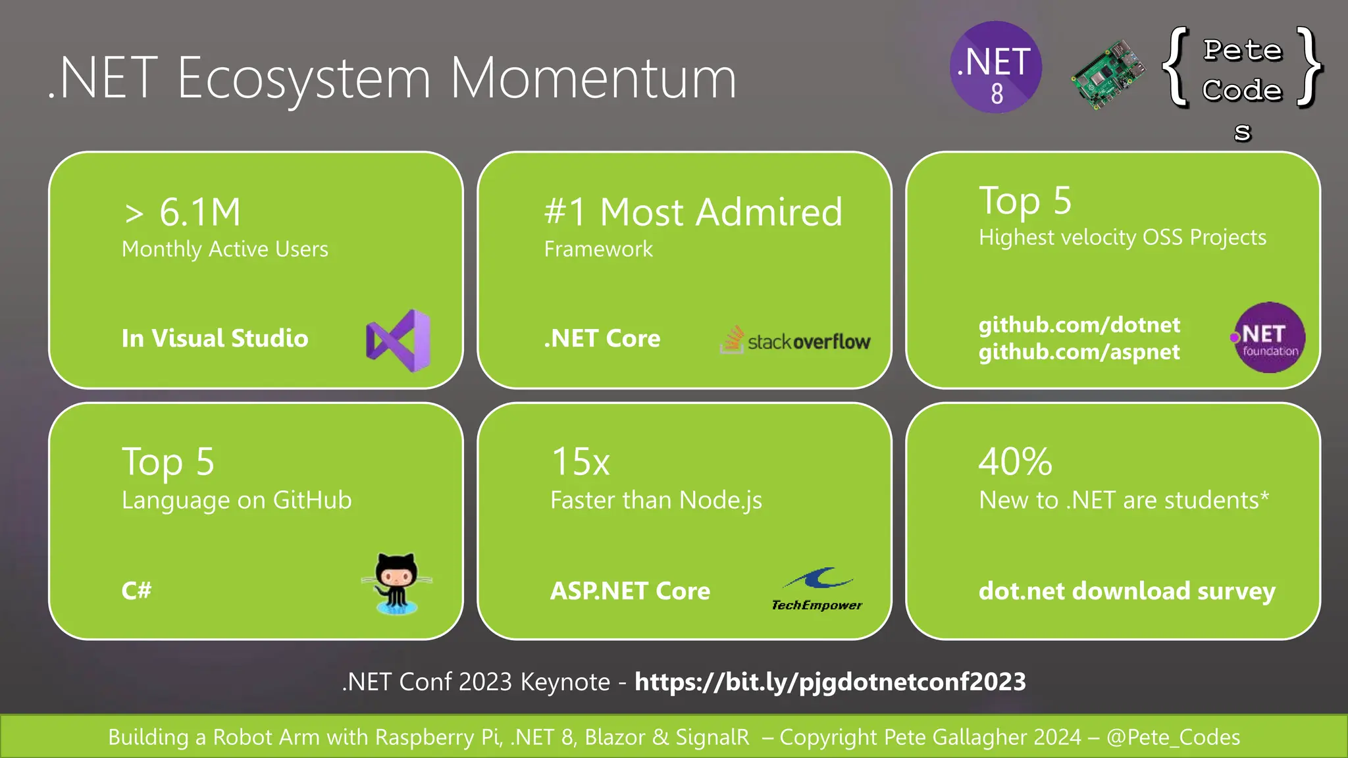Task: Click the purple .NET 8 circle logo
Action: (x=995, y=67)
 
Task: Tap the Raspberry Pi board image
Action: (x=1107, y=74)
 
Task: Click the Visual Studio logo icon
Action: (x=398, y=340)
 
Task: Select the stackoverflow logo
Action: (x=796, y=340)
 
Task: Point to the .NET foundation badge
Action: (x=1268, y=338)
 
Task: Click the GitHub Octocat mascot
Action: (x=397, y=582)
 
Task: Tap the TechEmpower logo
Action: (x=817, y=589)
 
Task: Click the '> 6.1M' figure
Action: (x=182, y=212)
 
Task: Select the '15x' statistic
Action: (x=581, y=461)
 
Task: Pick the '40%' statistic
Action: (x=1015, y=461)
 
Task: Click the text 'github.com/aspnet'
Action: (x=1079, y=352)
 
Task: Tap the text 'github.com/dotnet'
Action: (x=1079, y=324)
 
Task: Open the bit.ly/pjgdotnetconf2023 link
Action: (x=830, y=682)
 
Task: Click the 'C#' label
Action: (x=136, y=590)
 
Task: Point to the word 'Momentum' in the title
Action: (x=592, y=78)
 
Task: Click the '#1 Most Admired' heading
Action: (x=693, y=212)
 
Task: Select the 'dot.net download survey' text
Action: (x=1127, y=591)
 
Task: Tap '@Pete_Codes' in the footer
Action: (x=1173, y=737)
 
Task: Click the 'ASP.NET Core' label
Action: (x=630, y=591)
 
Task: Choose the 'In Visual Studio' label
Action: (x=215, y=338)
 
